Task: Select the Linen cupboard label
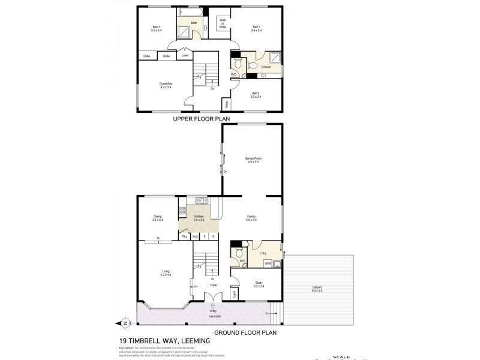tap(185, 56)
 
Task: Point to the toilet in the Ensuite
tap(238, 64)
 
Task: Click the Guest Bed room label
tap(166, 85)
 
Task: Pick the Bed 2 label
tap(256, 94)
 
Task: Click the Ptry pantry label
tap(184, 237)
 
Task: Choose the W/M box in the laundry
tap(268, 263)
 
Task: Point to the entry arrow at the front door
tap(213, 305)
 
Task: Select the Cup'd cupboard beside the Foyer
tap(235, 294)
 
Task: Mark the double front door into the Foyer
tap(212, 298)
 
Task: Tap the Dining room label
tap(157, 219)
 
